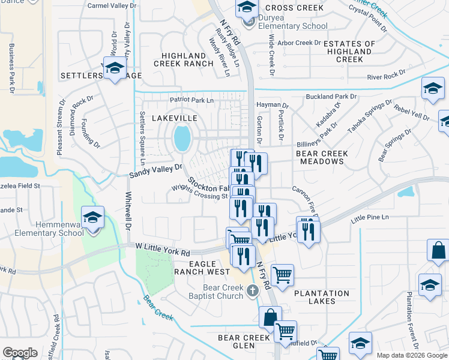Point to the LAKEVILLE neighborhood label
coord(174,119)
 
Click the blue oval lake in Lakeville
coord(182,139)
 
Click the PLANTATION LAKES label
coord(321,297)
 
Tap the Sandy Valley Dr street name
coord(155,171)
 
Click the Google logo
coord(20,352)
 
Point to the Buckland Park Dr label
coord(331,96)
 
